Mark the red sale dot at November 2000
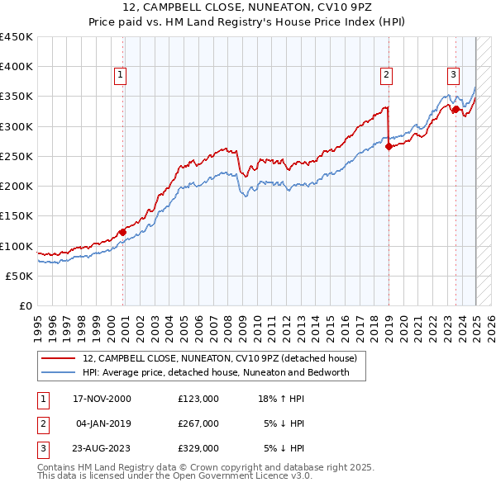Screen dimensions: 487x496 point(122,232)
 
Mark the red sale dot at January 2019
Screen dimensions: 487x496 point(389,147)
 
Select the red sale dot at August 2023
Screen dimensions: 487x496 point(455,110)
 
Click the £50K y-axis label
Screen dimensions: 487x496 point(19,276)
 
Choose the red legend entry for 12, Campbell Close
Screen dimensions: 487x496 point(219,358)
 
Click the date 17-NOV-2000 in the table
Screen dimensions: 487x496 point(103,399)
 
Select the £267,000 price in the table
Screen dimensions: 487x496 point(198,423)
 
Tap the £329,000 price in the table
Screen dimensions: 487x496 point(198,448)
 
